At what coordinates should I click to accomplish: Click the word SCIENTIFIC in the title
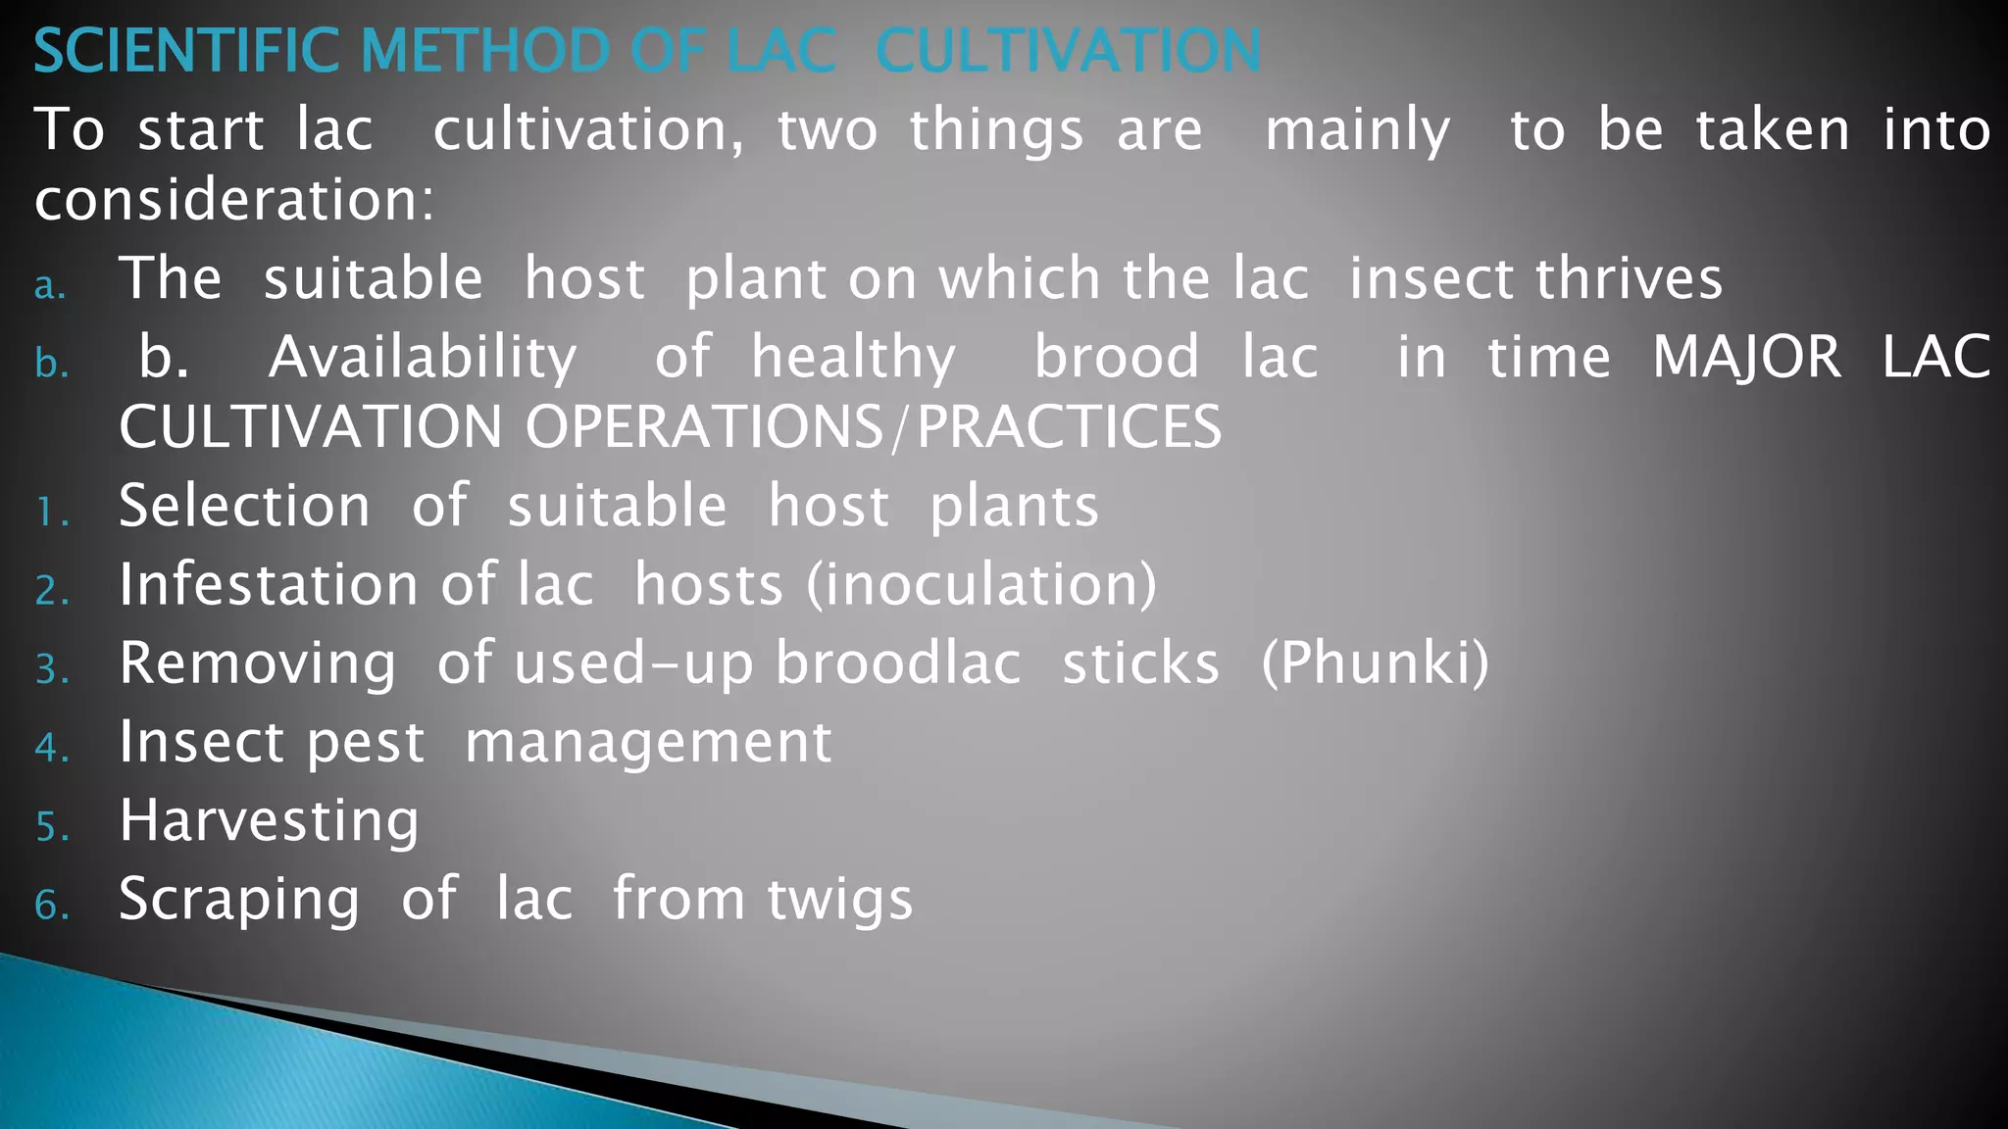[186, 51]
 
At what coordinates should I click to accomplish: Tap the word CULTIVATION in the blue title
[1069, 51]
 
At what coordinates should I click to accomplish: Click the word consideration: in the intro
[233, 200]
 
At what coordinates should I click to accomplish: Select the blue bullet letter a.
[49, 286]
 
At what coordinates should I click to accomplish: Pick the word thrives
[1629, 278]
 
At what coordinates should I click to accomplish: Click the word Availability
[423, 358]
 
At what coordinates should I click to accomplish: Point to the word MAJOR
[1746, 357]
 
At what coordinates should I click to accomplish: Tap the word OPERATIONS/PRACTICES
[873, 427]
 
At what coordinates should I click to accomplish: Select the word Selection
[244, 506]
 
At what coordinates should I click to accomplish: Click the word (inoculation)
[981, 585]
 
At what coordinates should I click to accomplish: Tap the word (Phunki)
[1375, 663]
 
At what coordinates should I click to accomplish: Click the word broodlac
[898, 663]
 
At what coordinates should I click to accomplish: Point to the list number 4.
[51, 749]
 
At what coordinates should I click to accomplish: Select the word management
[648, 743]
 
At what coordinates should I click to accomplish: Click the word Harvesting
[269, 821]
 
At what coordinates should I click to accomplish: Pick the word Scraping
[239, 900]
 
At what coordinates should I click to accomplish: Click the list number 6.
[51, 906]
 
